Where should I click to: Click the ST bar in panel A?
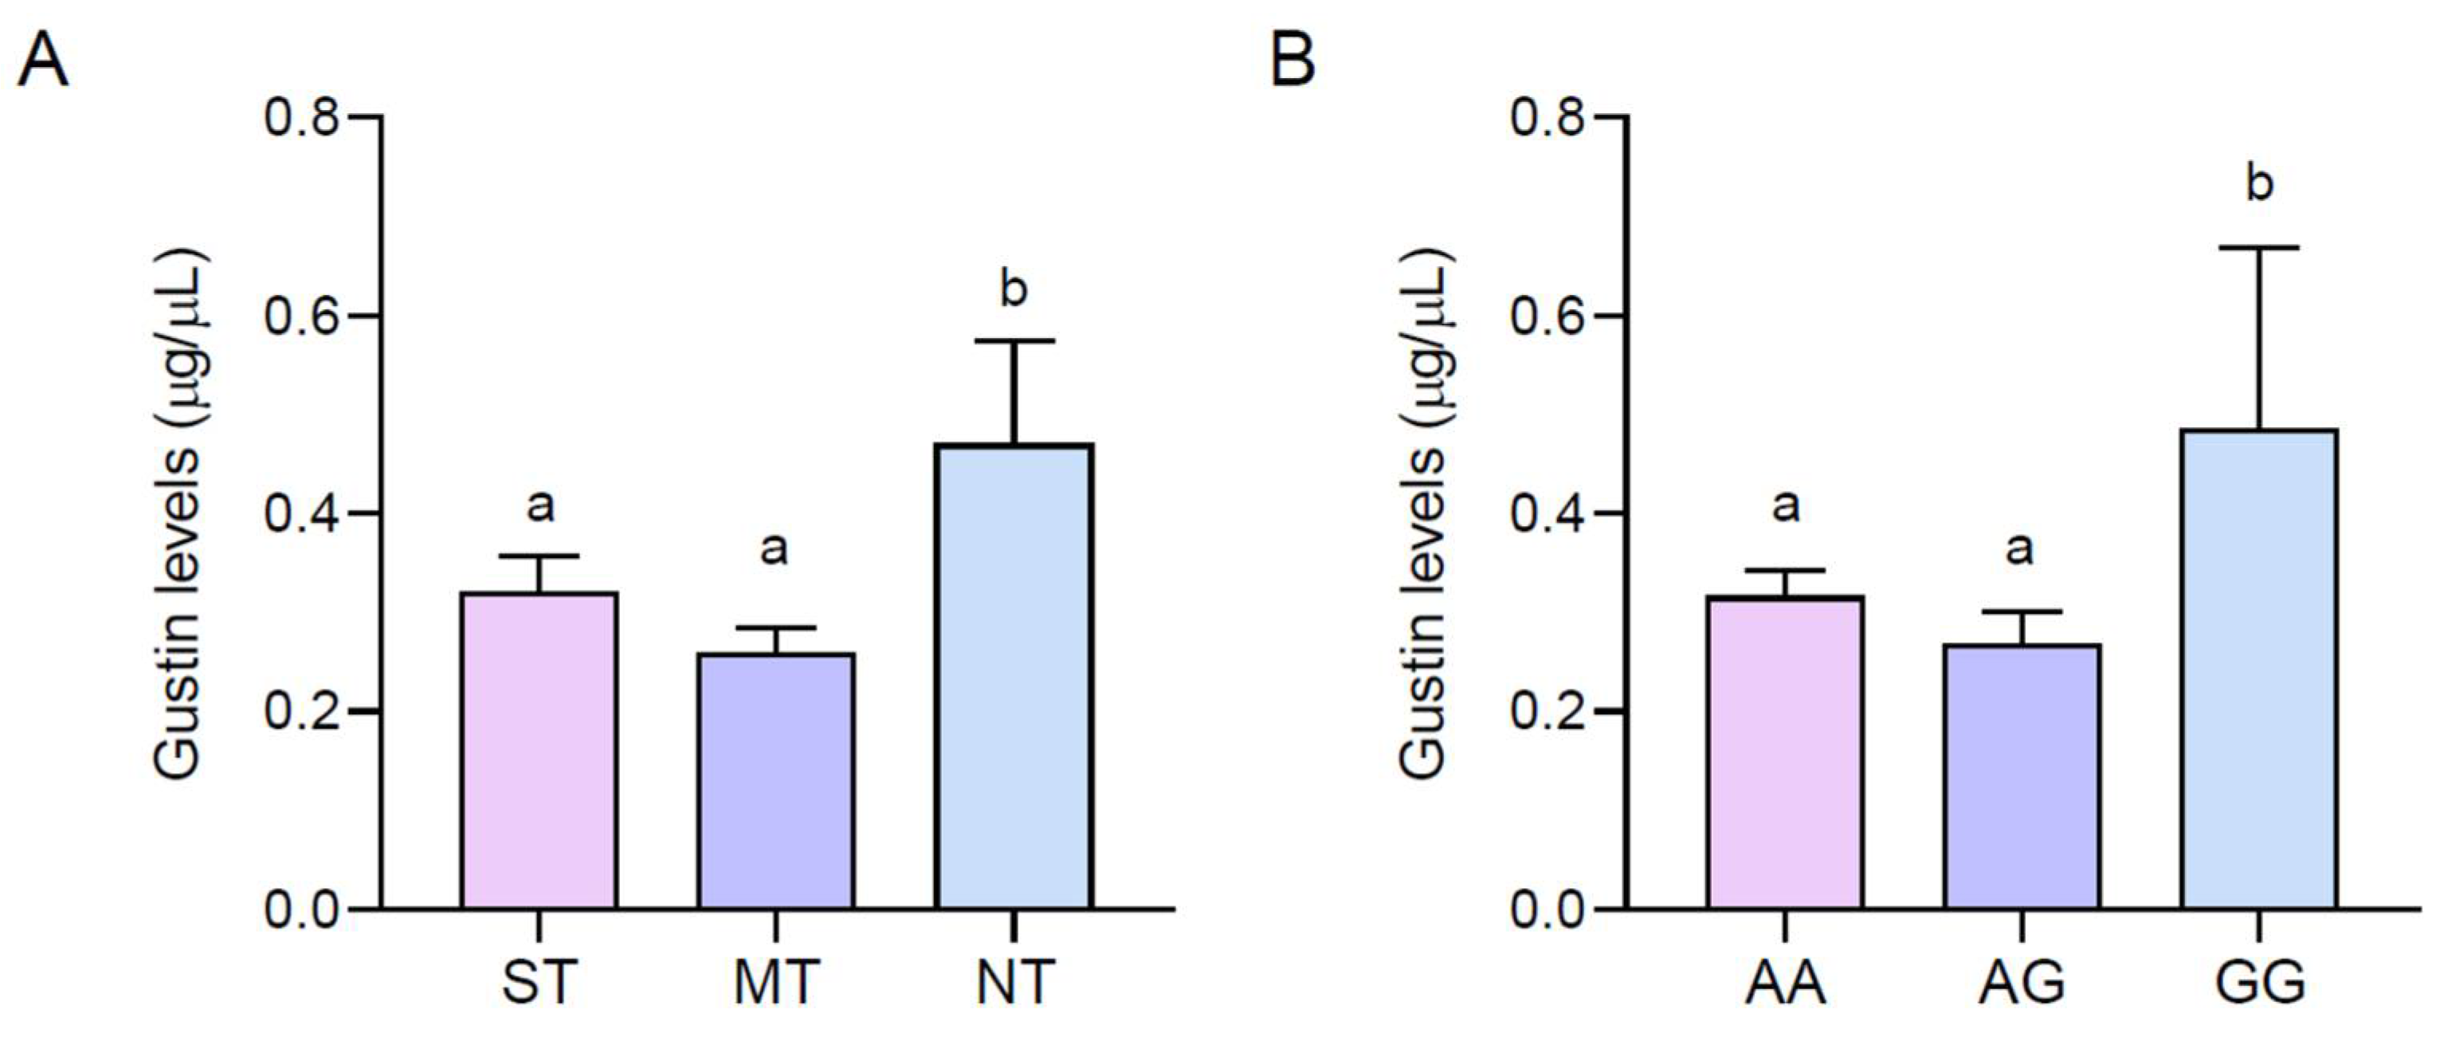coord(539,749)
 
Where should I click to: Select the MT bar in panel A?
coord(776,780)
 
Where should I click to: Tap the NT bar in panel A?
coord(1014,675)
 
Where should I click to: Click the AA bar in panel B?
coord(1786,752)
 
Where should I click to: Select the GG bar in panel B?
coord(2259,668)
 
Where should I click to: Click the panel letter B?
coord(1293,59)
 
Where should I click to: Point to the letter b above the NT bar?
coord(1014,288)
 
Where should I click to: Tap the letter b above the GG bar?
coord(2260,183)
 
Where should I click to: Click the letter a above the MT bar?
coord(775,548)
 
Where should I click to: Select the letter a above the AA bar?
coord(1786,505)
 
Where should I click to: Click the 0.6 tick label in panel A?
coord(302,316)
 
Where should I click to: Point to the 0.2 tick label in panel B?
coord(1548,712)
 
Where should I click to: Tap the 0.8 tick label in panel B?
coord(1548,118)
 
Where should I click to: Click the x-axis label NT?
coord(1014,983)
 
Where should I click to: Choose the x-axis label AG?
coord(2022,983)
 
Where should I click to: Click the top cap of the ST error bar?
coord(539,556)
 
